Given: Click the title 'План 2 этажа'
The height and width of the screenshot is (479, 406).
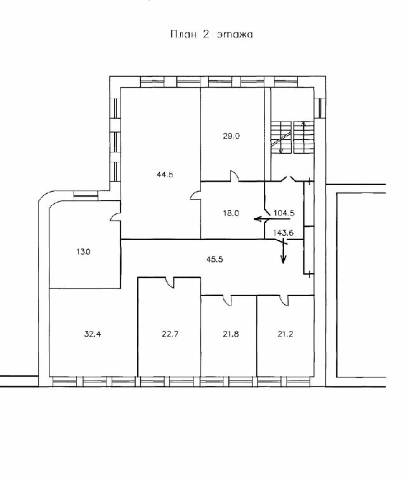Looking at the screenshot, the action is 211,34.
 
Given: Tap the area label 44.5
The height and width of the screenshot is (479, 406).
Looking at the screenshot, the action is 165,175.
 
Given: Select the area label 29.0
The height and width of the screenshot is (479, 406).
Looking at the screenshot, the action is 231,136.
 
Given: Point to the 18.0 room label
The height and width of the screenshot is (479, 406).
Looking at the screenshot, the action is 231,213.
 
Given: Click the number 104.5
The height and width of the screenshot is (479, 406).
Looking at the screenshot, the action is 284,213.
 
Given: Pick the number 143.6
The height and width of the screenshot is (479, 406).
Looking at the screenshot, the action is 283,233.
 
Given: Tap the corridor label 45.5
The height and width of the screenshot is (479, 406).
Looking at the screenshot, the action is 215,259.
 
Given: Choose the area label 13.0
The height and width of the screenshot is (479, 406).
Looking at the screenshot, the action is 83,252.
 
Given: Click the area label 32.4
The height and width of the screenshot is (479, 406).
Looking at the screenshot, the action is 93,334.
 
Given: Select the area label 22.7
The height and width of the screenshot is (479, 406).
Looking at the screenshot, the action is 170,334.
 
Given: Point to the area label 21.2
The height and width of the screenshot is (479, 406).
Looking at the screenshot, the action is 285,334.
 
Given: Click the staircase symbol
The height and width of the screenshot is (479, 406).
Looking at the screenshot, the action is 292,137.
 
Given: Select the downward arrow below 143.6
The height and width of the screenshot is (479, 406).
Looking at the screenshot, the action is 284,251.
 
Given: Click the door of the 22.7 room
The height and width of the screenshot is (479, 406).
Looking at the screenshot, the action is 169,282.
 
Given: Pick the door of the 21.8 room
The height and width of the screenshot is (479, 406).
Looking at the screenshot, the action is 227,300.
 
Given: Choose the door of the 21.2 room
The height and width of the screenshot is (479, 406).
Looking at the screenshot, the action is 284,300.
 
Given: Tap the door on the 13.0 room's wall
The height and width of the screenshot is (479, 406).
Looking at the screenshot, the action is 115,217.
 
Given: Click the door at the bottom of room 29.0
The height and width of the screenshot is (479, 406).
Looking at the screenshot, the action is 234,176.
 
